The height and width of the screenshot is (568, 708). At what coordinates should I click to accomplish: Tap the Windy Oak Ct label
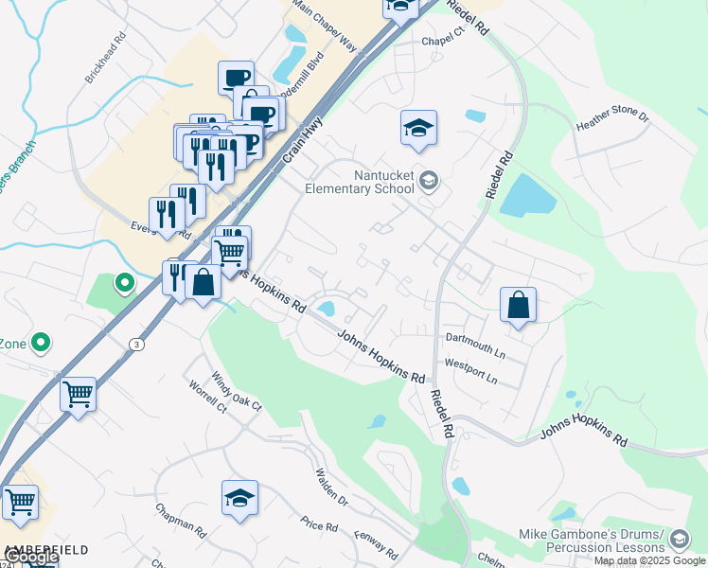(237, 392)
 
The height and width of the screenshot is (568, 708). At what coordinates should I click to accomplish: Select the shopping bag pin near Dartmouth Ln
(518, 305)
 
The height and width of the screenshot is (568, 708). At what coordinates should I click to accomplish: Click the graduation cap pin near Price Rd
(240, 497)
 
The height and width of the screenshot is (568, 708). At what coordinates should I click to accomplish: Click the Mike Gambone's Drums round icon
(678, 540)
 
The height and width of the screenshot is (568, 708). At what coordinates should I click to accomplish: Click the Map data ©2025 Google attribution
(649, 560)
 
